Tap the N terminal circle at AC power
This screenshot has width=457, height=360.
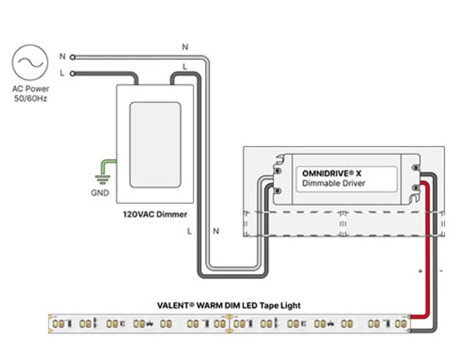click(72, 57)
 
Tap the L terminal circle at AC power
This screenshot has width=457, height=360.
click(72, 74)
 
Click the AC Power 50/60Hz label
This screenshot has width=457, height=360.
click(30, 94)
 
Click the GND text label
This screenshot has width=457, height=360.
click(100, 193)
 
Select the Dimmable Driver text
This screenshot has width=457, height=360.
click(334, 183)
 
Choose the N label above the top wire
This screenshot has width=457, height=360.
click(185, 46)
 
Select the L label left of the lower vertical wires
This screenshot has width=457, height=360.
click(189, 231)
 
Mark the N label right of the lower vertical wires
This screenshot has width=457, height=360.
click(216, 231)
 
